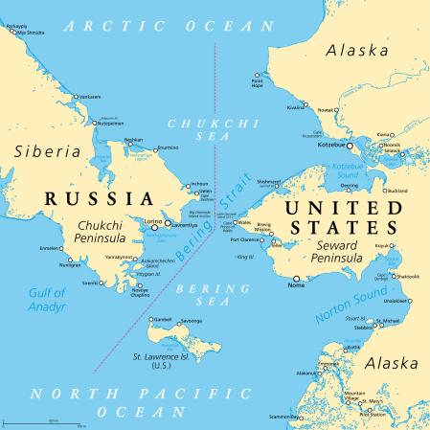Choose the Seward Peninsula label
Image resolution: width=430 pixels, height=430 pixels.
pos(336,250)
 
